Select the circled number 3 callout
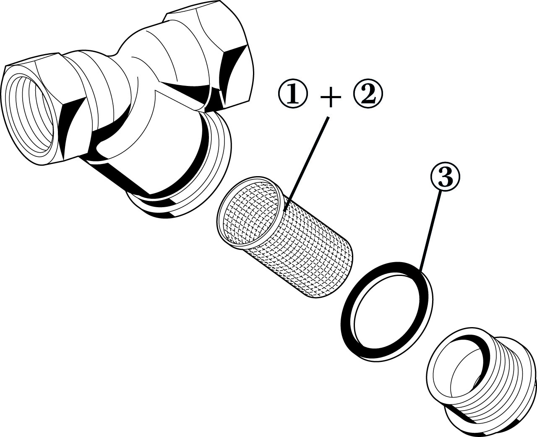[445, 177]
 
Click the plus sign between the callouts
[330, 97]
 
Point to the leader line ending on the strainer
[306, 164]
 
